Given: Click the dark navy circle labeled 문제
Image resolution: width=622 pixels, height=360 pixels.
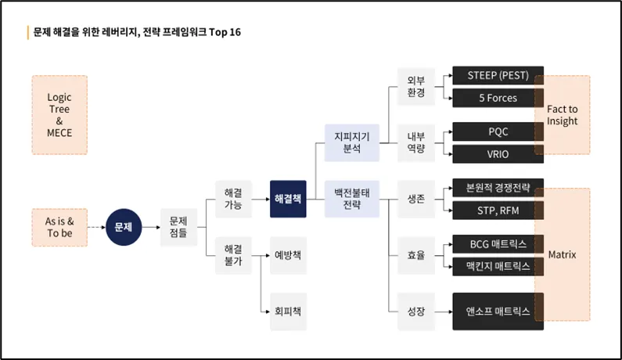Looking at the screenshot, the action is (x=124, y=227).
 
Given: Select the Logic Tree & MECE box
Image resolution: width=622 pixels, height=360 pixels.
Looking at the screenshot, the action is (x=59, y=115).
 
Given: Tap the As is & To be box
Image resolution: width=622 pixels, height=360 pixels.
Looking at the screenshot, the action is (x=59, y=227).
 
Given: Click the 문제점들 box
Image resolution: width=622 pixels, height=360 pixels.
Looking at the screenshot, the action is (x=178, y=227).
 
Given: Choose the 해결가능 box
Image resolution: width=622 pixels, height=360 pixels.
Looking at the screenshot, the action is (x=233, y=199).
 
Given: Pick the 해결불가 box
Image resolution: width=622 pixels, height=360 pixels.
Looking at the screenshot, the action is (x=233, y=255).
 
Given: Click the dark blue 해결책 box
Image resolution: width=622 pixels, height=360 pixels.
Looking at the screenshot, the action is (x=288, y=199).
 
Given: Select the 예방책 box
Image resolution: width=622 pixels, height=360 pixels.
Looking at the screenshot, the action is (x=288, y=255).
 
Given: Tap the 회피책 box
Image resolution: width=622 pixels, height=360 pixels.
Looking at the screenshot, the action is (x=288, y=311).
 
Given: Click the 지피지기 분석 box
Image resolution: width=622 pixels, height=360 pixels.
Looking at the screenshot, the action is (x=352, y=142).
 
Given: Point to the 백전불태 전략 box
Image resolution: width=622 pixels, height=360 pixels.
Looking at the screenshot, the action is (x=352, y=199).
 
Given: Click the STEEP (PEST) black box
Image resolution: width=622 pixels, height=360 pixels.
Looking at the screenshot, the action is (x=498, y=76).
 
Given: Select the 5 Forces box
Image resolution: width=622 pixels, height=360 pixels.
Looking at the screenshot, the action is (x=498, y=99).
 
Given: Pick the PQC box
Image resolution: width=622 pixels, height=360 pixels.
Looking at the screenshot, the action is (x=498, y=132).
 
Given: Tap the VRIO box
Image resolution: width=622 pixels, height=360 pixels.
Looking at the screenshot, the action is (x=498, y=154).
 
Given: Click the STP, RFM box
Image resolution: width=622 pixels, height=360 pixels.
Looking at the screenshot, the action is (x=498, y=210).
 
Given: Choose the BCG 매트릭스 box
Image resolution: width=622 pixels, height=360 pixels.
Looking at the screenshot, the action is (x=498, y=244).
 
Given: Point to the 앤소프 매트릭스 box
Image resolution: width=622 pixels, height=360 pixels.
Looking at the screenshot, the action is (x=498, y=311).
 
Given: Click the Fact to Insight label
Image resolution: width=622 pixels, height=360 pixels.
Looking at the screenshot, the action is (x=563, y=115).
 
